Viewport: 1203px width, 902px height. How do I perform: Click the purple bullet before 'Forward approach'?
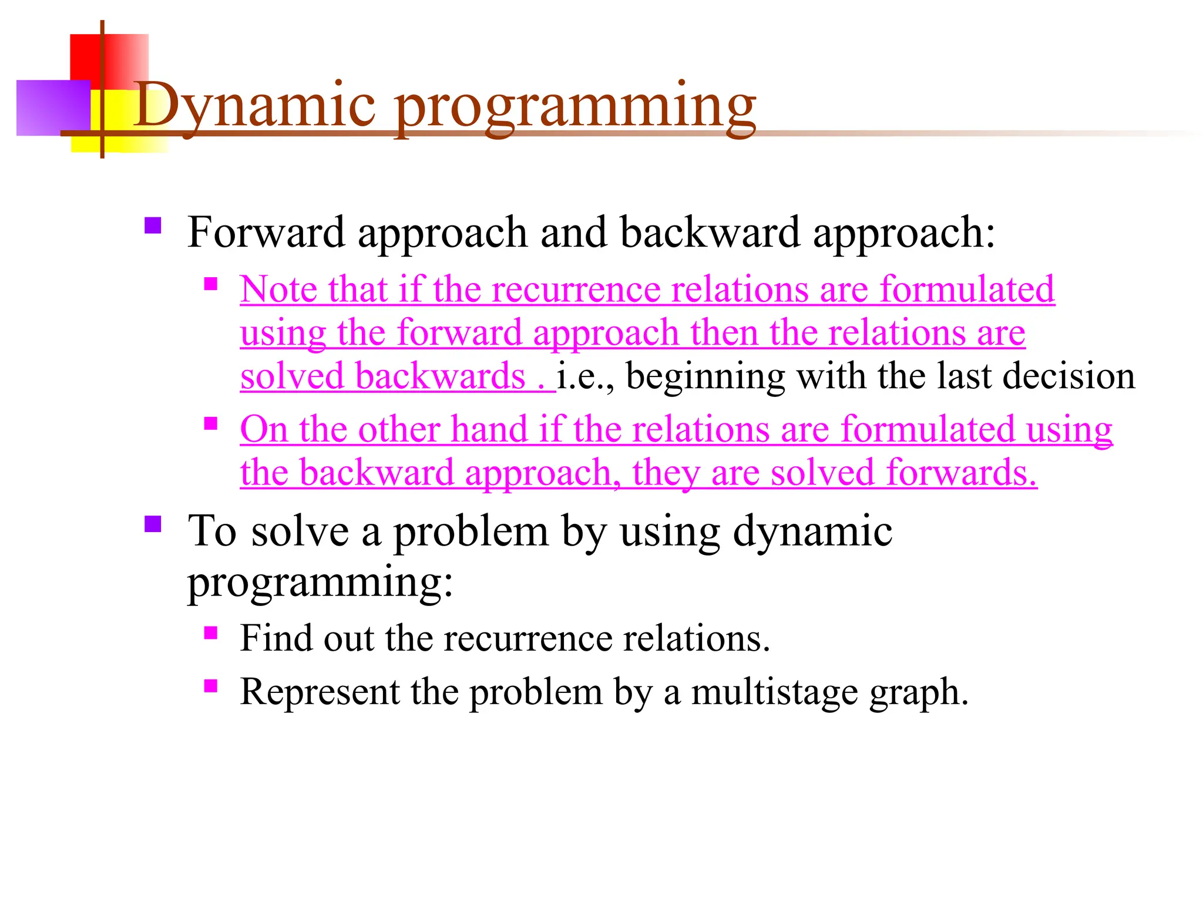tap(153, 226)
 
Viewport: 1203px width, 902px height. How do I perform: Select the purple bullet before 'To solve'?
tap(153, 524)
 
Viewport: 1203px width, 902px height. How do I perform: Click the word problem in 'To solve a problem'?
tap(471, 532)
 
